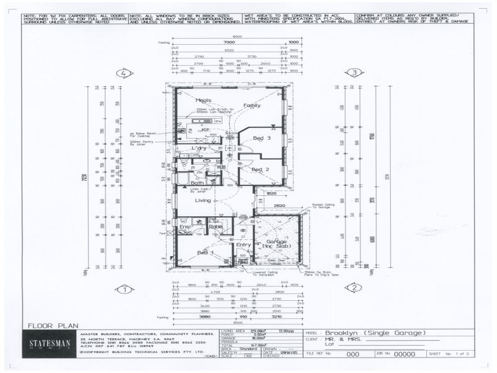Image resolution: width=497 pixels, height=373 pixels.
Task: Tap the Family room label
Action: point(252,106)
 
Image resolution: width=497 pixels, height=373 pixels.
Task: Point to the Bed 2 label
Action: point(260,169)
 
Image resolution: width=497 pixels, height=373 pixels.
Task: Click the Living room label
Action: point(203,201)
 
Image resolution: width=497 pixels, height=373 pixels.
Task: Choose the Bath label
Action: point(198,183)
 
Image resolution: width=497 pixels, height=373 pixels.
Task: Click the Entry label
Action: point(244,245)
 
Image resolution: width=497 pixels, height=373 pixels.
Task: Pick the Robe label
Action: point(215,228)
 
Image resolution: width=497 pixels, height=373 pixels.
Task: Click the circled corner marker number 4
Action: point(125,73)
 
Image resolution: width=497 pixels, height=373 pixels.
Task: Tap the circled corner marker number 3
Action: point(354,73)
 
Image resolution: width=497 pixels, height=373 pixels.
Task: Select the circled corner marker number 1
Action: point(125,288)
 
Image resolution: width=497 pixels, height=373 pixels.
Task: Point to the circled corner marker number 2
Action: point(354,288)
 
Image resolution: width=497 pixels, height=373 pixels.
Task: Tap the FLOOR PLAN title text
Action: point(53,325)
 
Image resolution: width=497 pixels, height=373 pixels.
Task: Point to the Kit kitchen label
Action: point(196,130)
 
